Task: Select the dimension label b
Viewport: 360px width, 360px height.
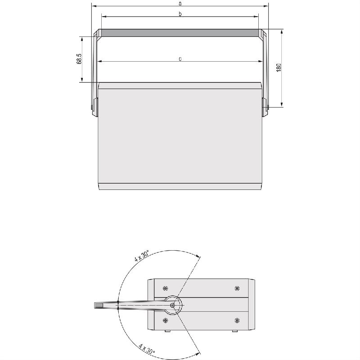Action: tap(180, 14)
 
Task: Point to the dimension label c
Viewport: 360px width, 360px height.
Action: tap(180, 58)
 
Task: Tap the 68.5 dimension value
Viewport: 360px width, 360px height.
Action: tap(79, 59)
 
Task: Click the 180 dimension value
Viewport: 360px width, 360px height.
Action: tap(279, 68)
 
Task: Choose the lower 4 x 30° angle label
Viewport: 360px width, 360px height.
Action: tap(147, 349)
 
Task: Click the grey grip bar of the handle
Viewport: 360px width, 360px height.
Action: tap(180, 33)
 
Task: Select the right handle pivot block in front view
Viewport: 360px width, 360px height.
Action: tap(265, 107)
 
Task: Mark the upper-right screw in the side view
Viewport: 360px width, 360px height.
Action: tap(237, 288)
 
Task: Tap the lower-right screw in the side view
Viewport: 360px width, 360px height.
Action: tap(237, 320)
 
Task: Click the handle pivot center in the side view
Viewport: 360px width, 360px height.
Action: tap(173, 305)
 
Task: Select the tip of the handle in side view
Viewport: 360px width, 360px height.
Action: tap(97, 305)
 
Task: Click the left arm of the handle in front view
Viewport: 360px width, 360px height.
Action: tap(95, 67)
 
